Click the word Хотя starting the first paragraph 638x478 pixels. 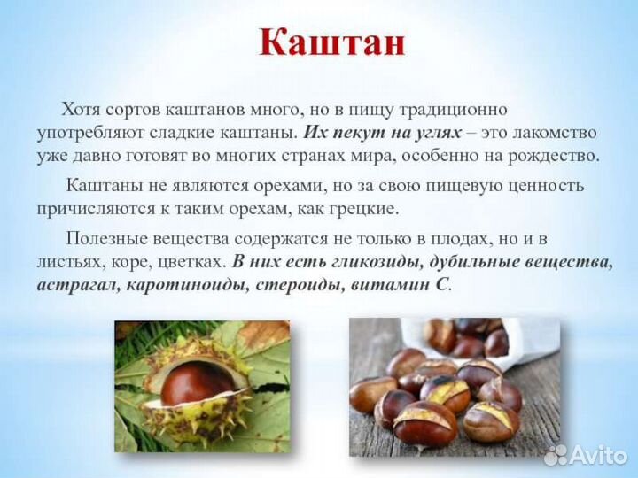(81, 110)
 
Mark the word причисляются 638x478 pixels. (93, 210)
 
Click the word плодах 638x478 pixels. (473, 239)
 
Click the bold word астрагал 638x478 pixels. (75, 286)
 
